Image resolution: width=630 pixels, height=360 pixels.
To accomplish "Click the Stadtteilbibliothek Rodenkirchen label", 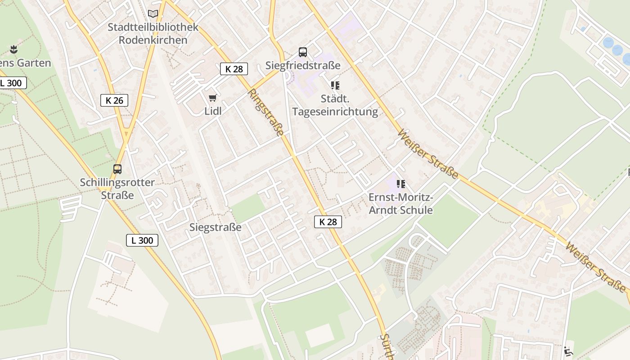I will click(x=153, y=34).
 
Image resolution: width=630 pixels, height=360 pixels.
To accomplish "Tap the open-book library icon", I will click(x=153, y=13).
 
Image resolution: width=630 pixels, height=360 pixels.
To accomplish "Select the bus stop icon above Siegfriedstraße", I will click(x=303, y=52).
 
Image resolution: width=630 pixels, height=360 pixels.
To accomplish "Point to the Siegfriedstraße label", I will click(x=303, y=66).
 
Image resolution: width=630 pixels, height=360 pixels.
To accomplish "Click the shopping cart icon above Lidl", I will click(x=213, y=98).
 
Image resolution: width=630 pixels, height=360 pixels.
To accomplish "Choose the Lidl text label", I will click(x=213, y=111).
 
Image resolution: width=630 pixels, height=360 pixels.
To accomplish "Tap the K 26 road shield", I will click(x=114, y=100).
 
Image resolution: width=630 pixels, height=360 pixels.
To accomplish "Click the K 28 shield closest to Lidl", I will click(x=234, y=69).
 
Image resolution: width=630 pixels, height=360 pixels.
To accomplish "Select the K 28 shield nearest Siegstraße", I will click(x=328, y=221).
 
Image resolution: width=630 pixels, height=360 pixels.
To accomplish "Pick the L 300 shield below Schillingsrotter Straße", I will click(x=142, y=240).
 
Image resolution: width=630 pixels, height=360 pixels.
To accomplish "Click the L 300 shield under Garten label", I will click(x=13, y=83).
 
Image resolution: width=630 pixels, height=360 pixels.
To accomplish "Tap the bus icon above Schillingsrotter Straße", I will click(x=117, y=169).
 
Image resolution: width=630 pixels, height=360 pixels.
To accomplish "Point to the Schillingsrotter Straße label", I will click(x=117, y=189).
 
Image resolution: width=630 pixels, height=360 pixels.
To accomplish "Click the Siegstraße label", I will click(x=216, y=227).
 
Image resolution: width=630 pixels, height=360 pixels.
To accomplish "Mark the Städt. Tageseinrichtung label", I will click(x=335, y=105).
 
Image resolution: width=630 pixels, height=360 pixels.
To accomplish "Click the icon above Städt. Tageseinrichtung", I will click(x=335, y=85).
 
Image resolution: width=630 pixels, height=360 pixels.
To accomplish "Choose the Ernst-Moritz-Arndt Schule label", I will click(x=400, y=204).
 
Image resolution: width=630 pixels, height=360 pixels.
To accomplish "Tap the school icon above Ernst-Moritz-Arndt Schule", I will click(x=401, y=184).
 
